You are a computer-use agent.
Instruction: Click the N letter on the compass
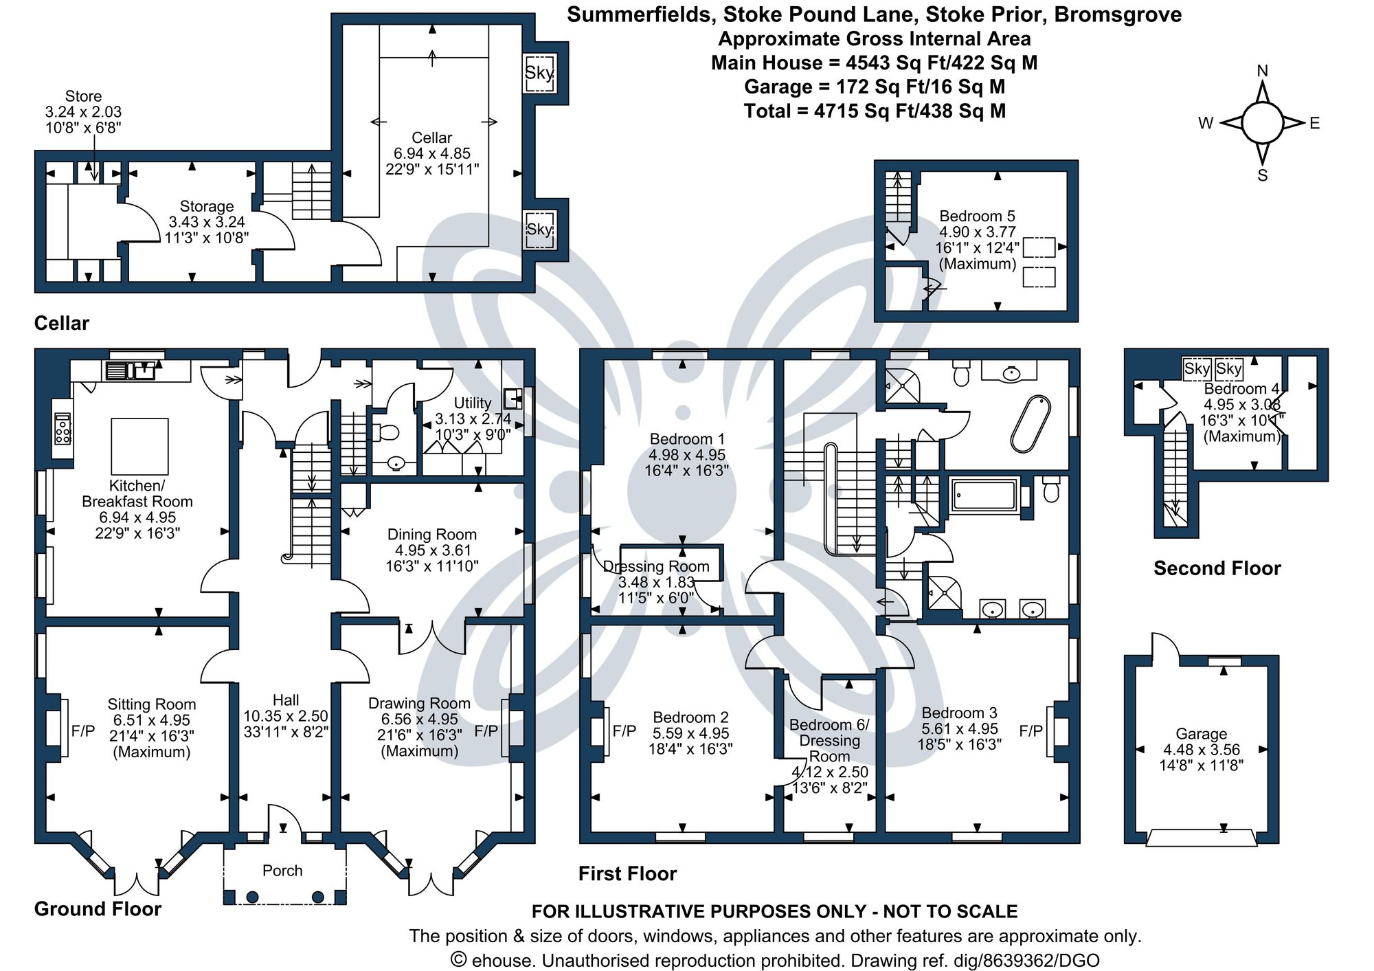click(1262, 71)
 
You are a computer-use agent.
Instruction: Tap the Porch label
click(282, 871)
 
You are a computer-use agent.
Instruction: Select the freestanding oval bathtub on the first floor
click(1030, 424)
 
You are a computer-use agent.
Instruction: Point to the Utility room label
click(473, 403)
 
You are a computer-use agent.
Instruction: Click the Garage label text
click(1201, 734)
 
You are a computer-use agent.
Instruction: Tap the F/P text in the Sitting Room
click(83, 731)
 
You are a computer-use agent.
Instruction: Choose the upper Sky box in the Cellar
click(539, 73)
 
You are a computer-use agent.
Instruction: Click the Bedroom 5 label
click(977, 216)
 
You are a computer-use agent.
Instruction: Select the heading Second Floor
click(1217, 568)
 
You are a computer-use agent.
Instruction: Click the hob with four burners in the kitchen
click(63, 429)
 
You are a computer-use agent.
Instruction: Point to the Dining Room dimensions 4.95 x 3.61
click(432, 550)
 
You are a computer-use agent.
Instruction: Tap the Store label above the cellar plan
click(83, 96)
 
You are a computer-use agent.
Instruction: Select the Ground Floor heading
click(98, 909)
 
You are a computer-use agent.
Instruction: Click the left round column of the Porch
click(252, 897)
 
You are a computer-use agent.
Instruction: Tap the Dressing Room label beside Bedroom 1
click(656, 567)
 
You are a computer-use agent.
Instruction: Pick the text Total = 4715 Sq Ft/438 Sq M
click(875, 111)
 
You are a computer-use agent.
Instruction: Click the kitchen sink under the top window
click(131, 371)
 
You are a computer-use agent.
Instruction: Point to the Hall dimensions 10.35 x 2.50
click(286, 716)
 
